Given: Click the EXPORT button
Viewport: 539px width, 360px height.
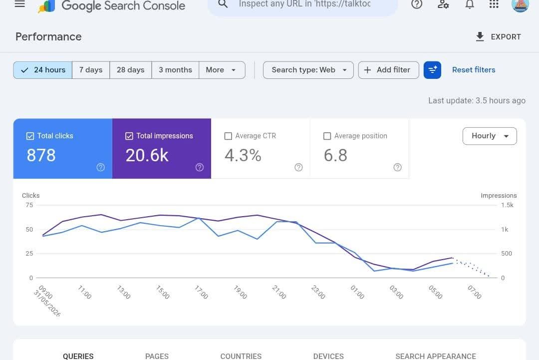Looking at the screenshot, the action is coord(498,37).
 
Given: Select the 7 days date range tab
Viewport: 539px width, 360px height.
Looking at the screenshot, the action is coord(91,70).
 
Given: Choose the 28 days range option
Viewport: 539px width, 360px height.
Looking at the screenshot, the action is coord(131,70).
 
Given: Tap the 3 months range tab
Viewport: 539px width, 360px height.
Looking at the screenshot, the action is coord(175,70).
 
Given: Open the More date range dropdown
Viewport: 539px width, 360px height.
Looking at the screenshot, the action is coord(222,70).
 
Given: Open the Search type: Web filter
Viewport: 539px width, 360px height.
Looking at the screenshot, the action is coord(308,70).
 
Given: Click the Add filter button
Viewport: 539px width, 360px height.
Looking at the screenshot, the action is coord(388,70).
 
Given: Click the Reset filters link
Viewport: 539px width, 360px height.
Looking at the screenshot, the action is coord(474,70).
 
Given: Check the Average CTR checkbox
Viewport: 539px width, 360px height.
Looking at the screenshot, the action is coord(228,136).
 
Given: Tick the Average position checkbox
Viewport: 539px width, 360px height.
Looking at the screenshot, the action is coord(327,136).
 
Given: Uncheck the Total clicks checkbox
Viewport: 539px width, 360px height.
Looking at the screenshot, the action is coord(30,136).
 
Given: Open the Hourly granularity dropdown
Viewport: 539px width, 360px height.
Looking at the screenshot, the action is coord(490,136).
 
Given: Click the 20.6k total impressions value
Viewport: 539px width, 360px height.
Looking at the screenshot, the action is coord(147,155).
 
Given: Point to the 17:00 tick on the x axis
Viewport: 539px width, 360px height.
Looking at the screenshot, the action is coord(202,292).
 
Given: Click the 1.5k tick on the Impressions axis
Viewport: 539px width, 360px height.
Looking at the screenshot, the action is coord(508,205).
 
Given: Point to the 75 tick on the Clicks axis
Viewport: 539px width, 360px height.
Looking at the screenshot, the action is coord(29,205).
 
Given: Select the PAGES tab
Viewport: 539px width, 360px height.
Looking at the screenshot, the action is coord(157,356).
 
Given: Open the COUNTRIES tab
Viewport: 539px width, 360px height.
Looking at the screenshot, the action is coord(241,356).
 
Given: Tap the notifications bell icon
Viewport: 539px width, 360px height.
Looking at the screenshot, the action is coord(470,4).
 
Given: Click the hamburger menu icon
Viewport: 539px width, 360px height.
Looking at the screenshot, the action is coord(20,4).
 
